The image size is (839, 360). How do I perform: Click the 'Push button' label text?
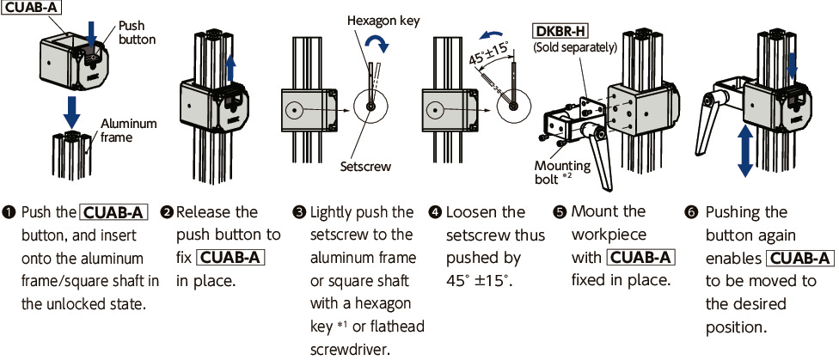click(137, 33)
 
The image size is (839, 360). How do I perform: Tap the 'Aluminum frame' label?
click(129, 130)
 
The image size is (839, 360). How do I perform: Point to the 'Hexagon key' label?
click(383, 20)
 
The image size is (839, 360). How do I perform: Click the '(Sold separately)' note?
click(575, 47)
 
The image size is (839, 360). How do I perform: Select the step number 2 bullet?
click(167, 212)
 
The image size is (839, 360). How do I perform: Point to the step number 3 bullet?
click(299, 212)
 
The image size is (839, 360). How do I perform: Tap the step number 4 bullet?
click(436, 212)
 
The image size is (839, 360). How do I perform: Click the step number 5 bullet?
click(560, 212)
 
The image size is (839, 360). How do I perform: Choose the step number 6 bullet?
click(694, 212)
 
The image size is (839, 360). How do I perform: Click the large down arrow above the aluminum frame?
click(73, 110)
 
